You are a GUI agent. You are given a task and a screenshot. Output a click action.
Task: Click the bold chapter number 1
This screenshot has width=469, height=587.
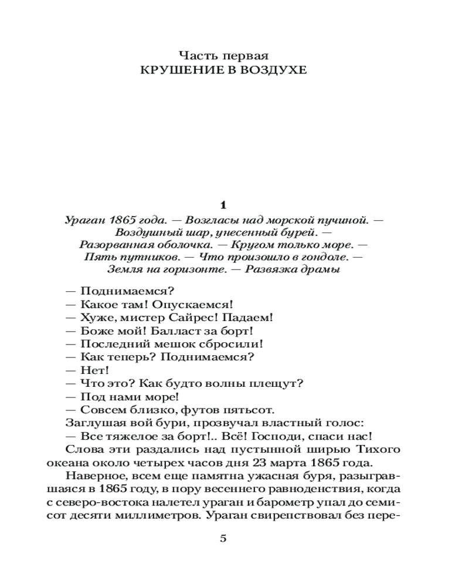[x=222, y=205]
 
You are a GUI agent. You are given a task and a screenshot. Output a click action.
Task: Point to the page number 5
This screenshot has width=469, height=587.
[x=222, y=538]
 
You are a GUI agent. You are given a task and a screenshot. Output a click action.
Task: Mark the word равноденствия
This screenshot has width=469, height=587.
[x=305, y=490]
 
